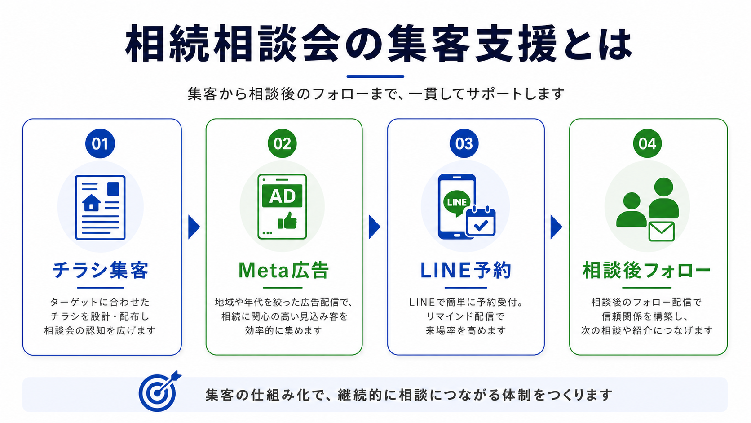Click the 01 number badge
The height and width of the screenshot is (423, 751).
100,143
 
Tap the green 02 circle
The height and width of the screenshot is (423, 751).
282,143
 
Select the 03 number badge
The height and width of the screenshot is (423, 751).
464,143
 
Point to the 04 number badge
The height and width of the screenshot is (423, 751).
647,143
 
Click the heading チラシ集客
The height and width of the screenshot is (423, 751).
100,270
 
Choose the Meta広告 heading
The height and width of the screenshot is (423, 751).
283,270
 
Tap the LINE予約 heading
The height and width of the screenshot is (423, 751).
466,270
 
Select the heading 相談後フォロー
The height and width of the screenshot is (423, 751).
647,270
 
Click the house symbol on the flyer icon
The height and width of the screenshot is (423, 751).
91,203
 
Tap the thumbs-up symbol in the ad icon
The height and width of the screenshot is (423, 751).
287,221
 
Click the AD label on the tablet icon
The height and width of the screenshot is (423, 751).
282,196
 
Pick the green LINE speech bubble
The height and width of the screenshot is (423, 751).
457,202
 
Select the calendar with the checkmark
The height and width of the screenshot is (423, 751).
481,222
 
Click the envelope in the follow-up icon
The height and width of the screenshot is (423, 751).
662,232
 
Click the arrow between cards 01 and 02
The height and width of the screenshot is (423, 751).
194,227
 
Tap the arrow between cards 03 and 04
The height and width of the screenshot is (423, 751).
556,227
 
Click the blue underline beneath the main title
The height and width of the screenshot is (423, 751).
375,76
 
